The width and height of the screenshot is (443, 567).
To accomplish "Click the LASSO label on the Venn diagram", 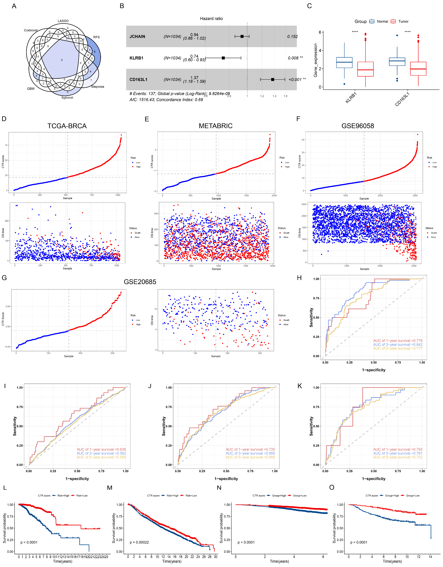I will (63, 21).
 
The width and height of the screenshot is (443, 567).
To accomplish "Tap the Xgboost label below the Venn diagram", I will (67, 98).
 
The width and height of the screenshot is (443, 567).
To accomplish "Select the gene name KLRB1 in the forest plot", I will (136, 58).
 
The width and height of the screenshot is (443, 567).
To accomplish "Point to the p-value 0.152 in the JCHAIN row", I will (292, 37).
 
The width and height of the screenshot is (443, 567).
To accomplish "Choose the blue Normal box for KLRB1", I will (344, 63).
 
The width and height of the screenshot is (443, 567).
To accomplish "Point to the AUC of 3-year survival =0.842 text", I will (398, 345).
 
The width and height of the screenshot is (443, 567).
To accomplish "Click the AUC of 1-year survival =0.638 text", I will (101, 449).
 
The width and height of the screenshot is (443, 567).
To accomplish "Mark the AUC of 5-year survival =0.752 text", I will (398, 457).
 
